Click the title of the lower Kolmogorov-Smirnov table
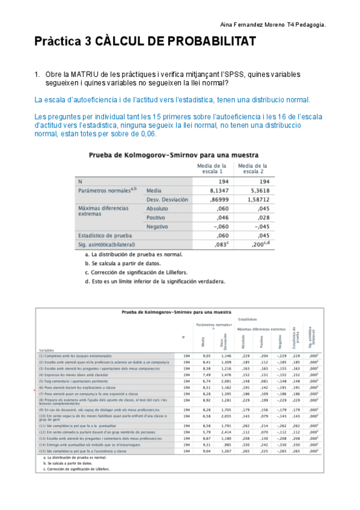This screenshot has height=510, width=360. pyautogui.click(x=176, y=312)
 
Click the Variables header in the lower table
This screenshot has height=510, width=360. pyautogui.click(x=47, y=349)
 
